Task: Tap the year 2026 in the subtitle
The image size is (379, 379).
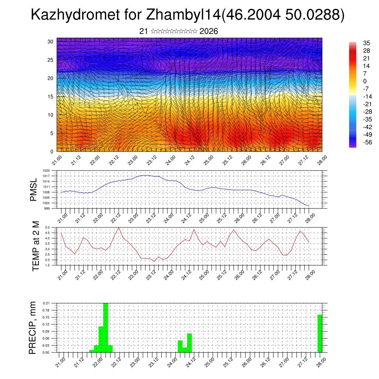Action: pos(208,31)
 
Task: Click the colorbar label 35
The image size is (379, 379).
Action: pos(367,43)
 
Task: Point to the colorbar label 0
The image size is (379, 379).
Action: pos(365,81)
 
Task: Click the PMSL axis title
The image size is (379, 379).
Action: pos(34,189)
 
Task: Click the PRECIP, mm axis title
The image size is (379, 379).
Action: pos(33,328)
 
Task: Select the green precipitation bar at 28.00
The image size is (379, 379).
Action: pos(320,333)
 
